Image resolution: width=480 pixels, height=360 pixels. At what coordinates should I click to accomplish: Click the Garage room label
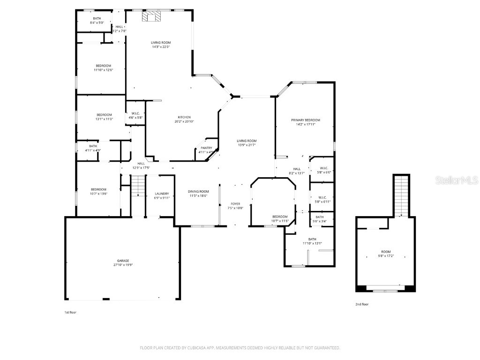coord(123,261)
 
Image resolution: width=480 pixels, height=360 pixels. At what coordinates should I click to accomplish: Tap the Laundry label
coord(162,194)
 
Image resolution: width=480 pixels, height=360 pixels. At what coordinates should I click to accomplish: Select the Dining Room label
coord(198,191)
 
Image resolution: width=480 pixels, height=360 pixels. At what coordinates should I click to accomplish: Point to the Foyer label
coord(235,204)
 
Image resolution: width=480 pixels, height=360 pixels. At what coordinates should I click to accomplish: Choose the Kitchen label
coord(184,117)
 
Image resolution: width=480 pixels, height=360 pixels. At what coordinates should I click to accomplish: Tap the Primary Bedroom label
coord(305,120)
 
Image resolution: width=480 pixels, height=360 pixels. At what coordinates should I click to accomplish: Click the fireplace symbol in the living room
coord(151,17)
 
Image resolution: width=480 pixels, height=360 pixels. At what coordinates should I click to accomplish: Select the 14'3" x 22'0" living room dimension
coord(161,46)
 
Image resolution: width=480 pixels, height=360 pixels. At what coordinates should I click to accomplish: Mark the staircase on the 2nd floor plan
coord(401,195)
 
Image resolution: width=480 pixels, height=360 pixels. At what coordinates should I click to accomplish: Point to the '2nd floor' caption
coord(362,304)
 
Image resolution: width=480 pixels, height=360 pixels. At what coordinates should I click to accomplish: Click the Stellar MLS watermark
coord(457,180)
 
